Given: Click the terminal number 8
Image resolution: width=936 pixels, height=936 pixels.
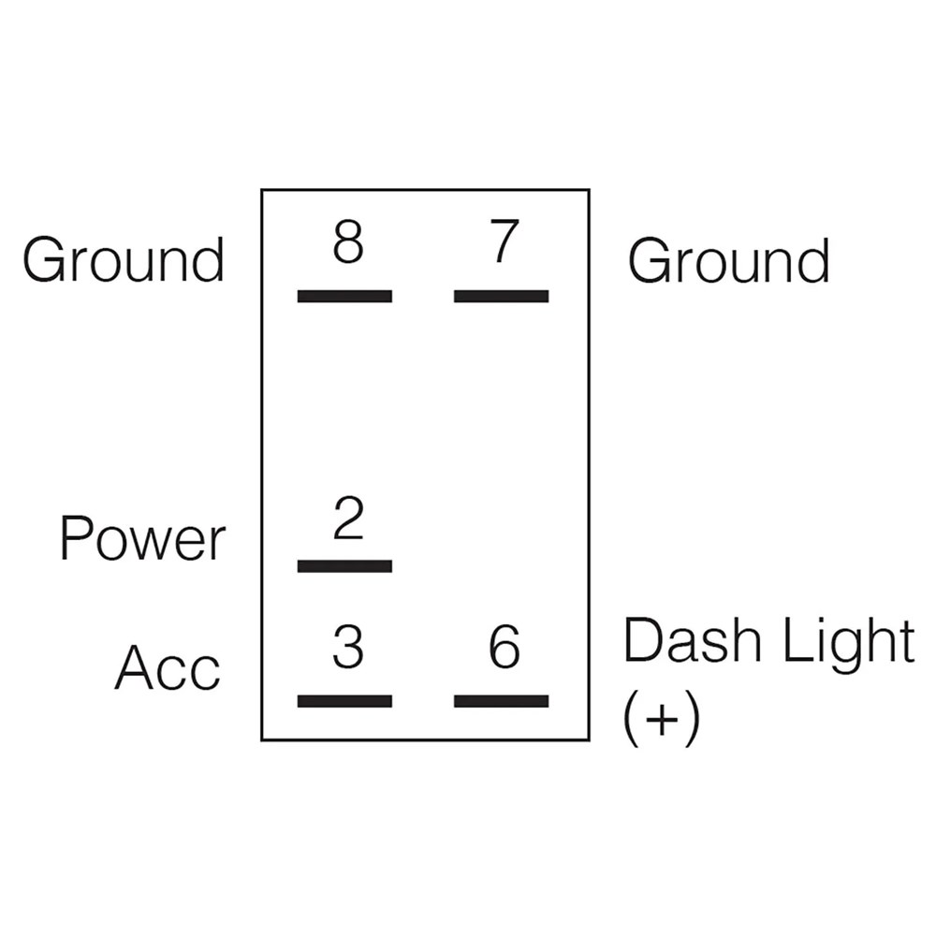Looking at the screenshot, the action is [348, 241].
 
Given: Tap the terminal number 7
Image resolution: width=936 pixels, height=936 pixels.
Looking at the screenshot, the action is [504, 241].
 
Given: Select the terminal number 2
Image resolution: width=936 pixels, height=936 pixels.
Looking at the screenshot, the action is [348, 518].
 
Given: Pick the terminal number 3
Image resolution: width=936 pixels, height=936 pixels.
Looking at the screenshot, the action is [348, 647].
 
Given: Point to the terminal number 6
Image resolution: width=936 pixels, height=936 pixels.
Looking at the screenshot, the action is [505, 647].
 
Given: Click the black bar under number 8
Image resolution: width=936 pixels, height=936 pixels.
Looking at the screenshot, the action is [345, 296].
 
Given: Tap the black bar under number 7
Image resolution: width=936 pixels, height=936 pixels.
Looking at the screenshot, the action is [502, 296].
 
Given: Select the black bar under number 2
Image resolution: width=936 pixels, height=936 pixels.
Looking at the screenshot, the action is [345, 566].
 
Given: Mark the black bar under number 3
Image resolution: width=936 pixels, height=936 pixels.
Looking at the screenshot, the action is [345, 701].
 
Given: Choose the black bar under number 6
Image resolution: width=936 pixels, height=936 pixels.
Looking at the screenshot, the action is [502, 701].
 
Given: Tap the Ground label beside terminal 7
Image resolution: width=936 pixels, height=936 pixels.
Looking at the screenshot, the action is [729, 260].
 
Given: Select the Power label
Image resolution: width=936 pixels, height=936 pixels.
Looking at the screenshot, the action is [142, 538].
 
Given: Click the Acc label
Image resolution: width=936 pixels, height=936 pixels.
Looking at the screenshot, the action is [168, 667].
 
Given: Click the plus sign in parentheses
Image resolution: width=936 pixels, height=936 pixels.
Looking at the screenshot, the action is [662, 718].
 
